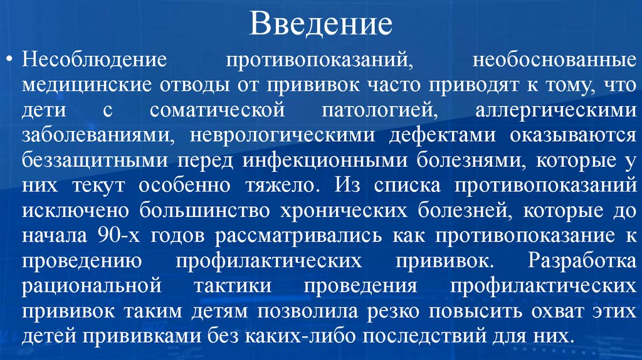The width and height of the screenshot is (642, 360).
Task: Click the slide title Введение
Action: (321, 24)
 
